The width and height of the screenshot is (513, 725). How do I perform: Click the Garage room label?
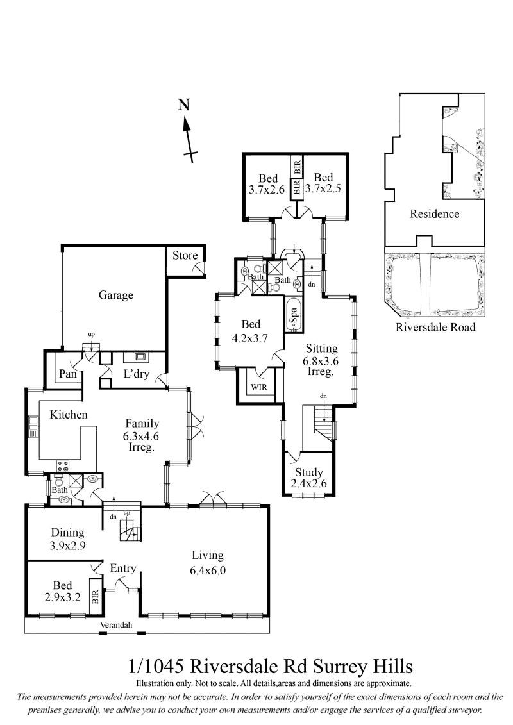[115, 296]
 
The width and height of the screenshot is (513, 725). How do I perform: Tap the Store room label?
[185, 255]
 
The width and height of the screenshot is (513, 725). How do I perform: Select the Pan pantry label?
[67, 374]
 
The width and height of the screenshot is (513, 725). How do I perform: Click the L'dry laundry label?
[136, 374]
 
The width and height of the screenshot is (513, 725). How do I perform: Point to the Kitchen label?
[69, 414]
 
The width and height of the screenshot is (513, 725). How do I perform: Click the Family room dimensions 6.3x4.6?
[141, 435]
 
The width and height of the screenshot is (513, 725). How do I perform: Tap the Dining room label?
[67, 533]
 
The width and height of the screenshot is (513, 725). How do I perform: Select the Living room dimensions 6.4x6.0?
[208, 570]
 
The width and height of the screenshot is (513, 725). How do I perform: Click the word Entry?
[122, 569]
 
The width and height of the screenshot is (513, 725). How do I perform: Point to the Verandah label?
[116, 625]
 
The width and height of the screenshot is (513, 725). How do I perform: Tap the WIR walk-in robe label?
[258, 387]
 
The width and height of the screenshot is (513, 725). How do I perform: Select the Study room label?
[308, 472]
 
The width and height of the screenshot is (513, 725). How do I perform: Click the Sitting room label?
[321, 349]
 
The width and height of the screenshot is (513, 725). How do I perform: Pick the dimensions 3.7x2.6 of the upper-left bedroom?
[267, 189]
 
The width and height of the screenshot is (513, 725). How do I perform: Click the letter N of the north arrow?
[184, 105]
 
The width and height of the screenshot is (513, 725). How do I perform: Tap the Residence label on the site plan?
[434, 213]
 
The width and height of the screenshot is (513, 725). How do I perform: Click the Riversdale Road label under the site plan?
[435, 328]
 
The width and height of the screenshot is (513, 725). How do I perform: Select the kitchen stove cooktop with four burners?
[63, 465]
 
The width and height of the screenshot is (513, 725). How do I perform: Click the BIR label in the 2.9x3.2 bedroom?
[96, 596]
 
